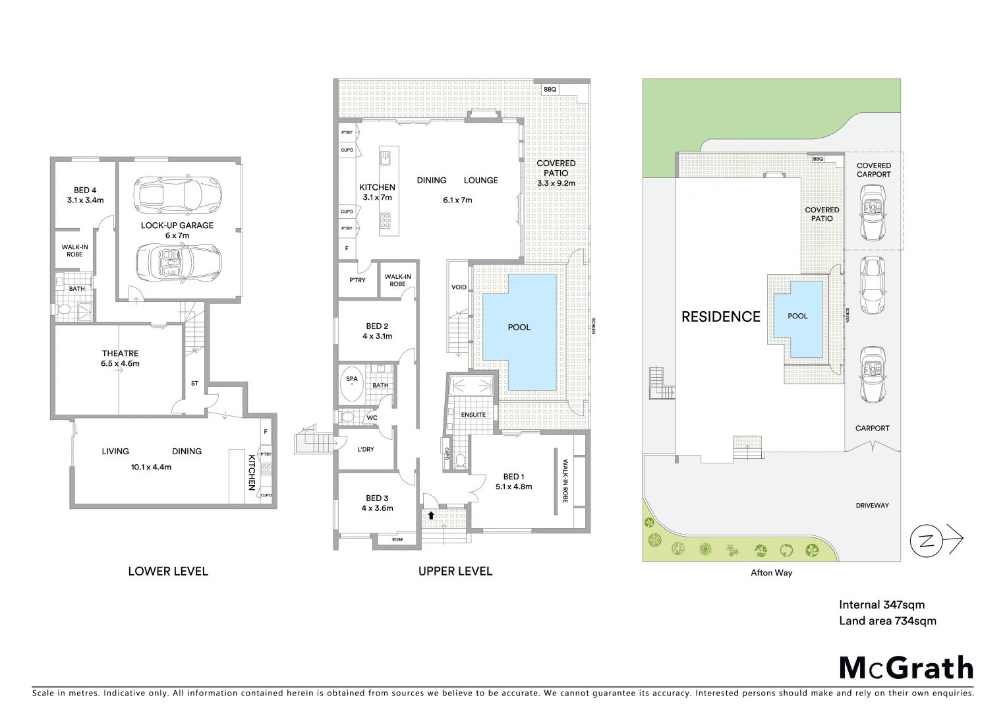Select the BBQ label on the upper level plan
(x=550, y=89)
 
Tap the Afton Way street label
(x=771, y=573)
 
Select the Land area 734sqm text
(x=887, y=620)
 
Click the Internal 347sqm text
(x=881, y=605)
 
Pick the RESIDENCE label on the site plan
(x=720, y=317)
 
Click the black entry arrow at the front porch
(x=431, y=516)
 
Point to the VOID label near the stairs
(x=459, y=287)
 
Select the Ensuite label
(x=473, y=415)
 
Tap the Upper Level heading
(x=455, y=572)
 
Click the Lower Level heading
(x=168, y=572)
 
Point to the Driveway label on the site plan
(x=872, y=506)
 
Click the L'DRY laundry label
(x=366, y=450)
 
